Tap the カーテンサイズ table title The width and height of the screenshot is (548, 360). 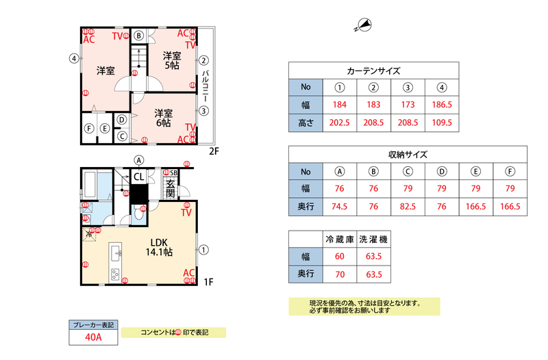tap(373, 70)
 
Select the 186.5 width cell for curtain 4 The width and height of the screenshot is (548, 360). tap(442, 105)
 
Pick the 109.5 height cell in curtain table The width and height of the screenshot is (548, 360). tap(442, 123)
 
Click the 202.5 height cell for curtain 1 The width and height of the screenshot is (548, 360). tap(339, 123)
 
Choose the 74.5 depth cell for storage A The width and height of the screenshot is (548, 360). tap(339, 206)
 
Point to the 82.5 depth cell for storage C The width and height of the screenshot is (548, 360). tap(408, 206)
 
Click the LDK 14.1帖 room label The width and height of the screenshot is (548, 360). tap(158, 246)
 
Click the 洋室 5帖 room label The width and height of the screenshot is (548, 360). tap(171, 60)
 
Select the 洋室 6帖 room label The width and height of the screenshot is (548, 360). tap(163, 118)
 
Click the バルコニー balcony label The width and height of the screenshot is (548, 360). tap(205, 85)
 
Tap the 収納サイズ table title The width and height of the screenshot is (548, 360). tap(408, 155)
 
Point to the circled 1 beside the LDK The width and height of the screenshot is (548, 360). tap(203, 250)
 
